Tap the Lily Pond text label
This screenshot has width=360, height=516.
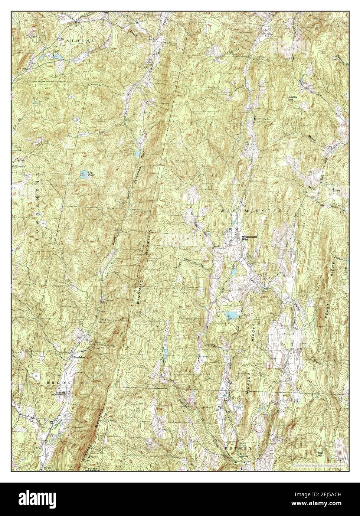(91, 173)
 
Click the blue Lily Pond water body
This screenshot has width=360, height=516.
(84, 173)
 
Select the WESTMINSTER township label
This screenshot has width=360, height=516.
(251, 210)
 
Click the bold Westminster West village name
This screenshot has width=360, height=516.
(249, 238)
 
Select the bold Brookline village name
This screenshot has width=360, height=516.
(79, 357)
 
